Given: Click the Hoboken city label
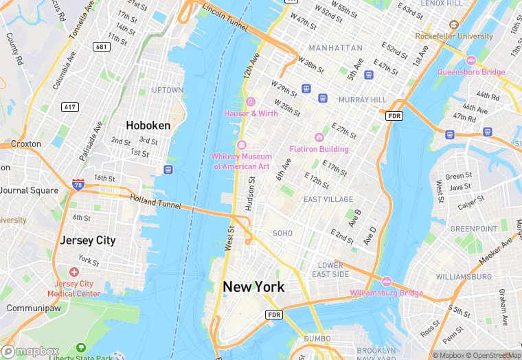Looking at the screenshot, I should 148,126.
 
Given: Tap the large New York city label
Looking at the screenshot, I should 253,287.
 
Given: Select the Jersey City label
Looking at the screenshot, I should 88,240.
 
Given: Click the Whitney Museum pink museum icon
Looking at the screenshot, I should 242,145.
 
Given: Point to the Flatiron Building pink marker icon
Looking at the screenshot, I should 319,137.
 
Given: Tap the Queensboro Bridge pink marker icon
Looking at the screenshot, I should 471,60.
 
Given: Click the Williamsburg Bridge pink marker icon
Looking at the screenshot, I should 386,282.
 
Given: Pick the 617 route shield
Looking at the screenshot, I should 70,106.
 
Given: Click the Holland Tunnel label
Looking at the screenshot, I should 155,201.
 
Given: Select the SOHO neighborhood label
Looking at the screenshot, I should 282,234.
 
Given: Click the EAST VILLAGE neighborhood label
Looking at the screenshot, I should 328,199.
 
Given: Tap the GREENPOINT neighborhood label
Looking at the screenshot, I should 473,229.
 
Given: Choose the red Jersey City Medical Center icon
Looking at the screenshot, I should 73,272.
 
